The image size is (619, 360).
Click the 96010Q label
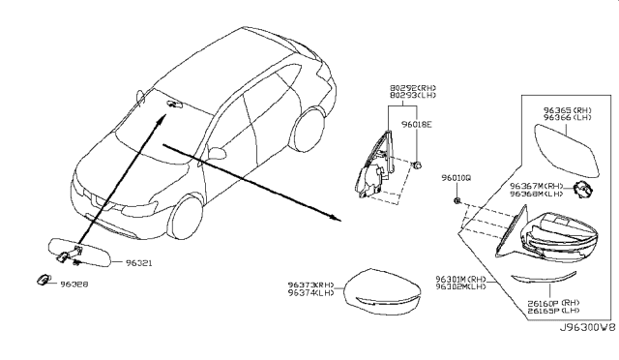[x=457, y=179]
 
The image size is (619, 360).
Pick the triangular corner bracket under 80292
[x=373, y=165]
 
